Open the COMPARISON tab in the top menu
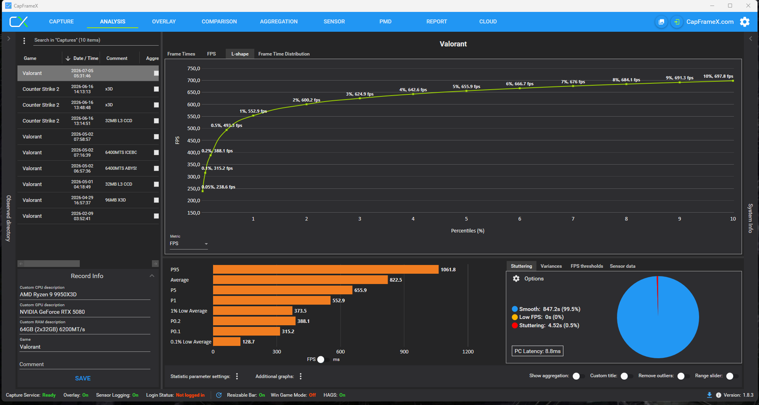coord(219,21)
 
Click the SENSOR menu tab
coord(334,21)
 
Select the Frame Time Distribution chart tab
coord(284,54)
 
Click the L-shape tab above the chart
coord(240,54)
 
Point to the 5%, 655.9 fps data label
coord(466,86)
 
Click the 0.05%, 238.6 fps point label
coord(219,187)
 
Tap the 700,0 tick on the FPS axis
coord(194,81)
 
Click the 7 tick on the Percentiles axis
coord(573,219)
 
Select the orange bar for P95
coord(326,269)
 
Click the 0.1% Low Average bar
coord(227,342)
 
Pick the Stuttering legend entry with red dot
coord(546,325)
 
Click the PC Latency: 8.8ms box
coord(538,351)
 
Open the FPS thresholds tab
coord(587,266)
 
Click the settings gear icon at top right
coord(745,22)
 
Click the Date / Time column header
coord(86,58)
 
